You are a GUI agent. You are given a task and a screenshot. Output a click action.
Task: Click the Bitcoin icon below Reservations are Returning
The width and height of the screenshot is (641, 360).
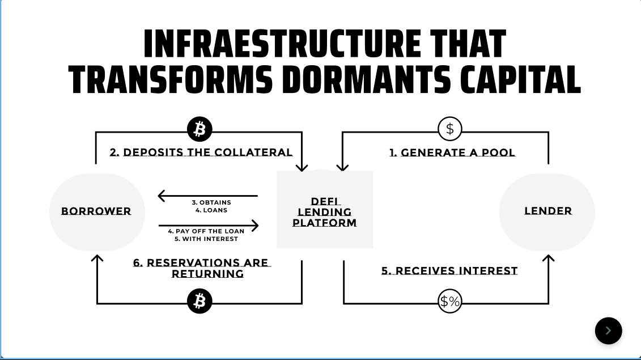199,301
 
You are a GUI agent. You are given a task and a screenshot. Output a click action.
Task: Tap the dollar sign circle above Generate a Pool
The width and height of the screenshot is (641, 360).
450,129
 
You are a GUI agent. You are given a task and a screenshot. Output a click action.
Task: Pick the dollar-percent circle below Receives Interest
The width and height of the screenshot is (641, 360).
450,302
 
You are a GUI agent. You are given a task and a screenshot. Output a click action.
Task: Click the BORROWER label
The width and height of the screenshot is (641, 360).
96,211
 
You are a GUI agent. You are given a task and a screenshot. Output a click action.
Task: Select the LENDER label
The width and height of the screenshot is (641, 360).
547,211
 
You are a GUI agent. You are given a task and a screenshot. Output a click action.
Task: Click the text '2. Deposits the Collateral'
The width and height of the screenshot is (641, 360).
201,153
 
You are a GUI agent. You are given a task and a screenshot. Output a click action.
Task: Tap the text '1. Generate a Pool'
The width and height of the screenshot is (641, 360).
452,153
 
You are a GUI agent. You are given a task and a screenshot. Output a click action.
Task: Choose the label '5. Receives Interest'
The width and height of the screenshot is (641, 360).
449,271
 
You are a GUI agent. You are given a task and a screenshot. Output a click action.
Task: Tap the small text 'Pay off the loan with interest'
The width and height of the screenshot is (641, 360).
206,235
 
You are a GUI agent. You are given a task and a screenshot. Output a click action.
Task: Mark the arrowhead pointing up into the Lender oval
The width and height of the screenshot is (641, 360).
548,259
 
